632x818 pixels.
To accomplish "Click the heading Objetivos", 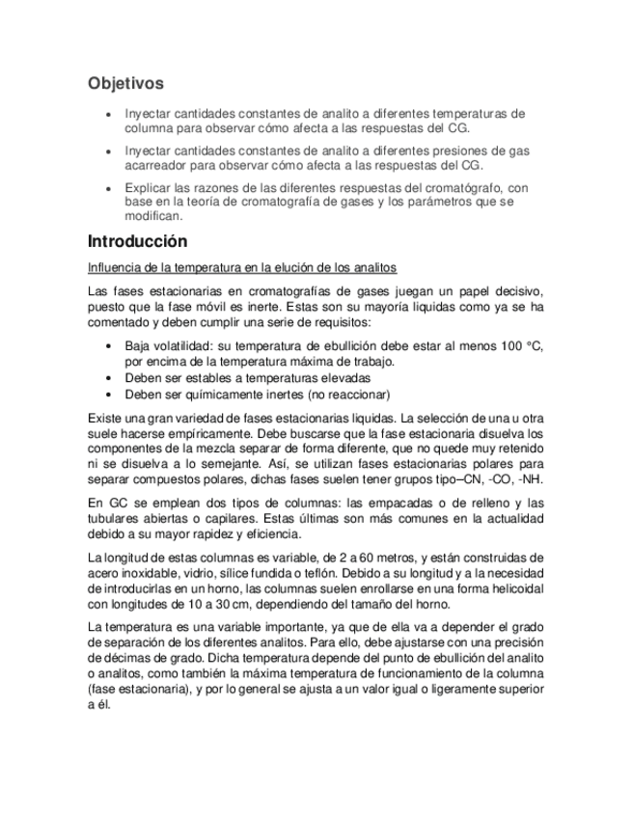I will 125,84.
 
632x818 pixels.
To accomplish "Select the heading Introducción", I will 137,241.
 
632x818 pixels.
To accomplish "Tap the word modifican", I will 153,216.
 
